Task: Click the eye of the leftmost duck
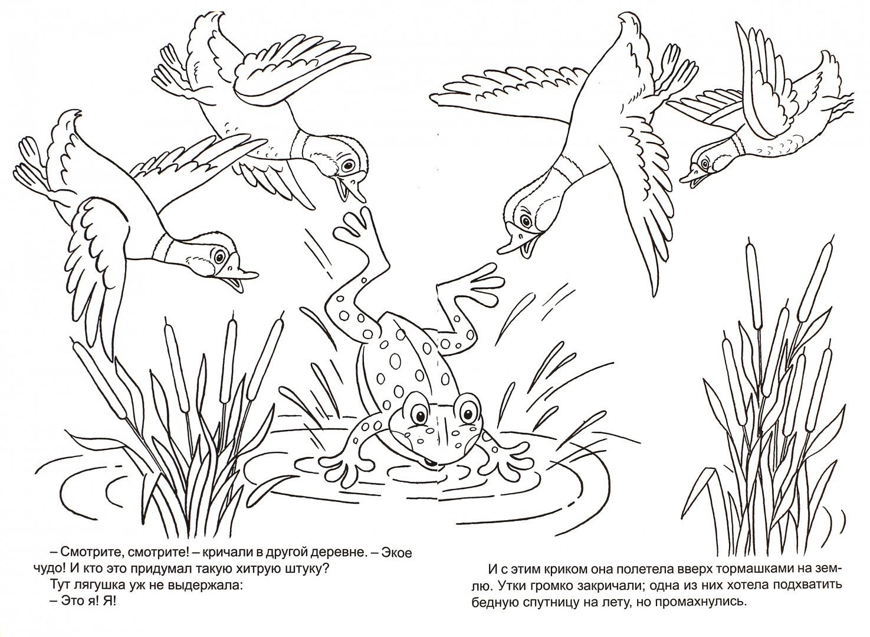[x=220, y=256]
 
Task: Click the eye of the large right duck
[x=526, y=221]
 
